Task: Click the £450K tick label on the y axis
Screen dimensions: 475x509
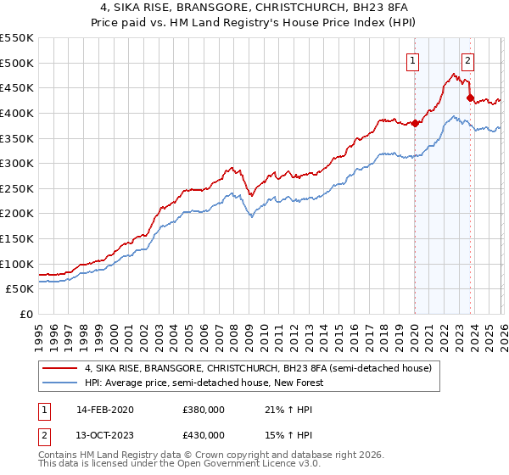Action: tap(17, 87)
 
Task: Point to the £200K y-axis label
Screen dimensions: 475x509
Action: tap(17, 213)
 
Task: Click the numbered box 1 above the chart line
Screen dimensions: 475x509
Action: tap(412, 60)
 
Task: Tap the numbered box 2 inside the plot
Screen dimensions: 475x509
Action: tap(467, 60)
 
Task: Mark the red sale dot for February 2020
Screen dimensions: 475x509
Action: tap(415, 123)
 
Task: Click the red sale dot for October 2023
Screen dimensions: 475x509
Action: tap(470, 98)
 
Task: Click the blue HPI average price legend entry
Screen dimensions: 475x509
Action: tap(204, 383)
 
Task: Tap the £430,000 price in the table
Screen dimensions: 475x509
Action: tap(203, 434)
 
